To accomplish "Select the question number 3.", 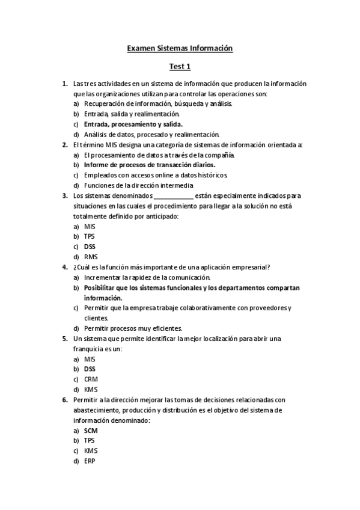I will (65, 195).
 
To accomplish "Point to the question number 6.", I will (65, 400).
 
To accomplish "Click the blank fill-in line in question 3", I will (174, 196).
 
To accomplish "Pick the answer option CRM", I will (91, 379).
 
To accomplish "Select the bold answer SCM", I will (91, 431).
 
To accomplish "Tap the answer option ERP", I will (90, 461).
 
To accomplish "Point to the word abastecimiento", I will (99, 410).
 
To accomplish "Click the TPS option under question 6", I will (90, 441).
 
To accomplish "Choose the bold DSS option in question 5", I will (90, 369).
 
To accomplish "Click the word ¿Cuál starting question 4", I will (82, 267).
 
